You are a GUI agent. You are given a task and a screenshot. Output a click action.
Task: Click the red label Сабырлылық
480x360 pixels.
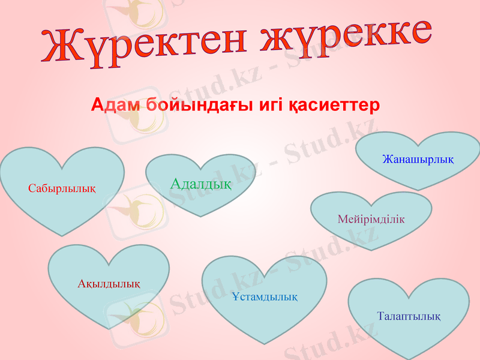[62, 188]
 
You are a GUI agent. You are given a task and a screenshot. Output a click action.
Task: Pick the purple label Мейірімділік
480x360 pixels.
[371, 219]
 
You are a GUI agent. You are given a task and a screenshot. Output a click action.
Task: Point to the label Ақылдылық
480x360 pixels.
[109, 283]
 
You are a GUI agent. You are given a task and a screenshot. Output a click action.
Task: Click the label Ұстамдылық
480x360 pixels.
[265, 296]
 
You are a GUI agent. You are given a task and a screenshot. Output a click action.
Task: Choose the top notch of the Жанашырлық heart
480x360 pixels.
[418, 146]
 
